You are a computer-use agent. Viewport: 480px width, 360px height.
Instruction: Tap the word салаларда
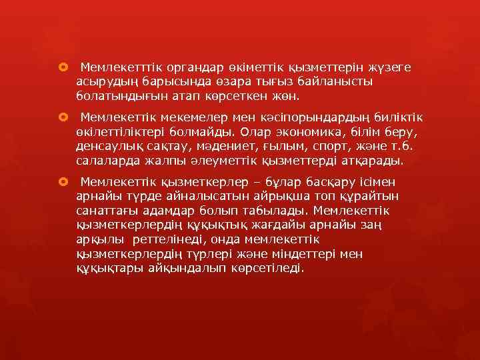[x=105, y=161]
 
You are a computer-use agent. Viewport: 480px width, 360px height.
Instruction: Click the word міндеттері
[x=290, y=254]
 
